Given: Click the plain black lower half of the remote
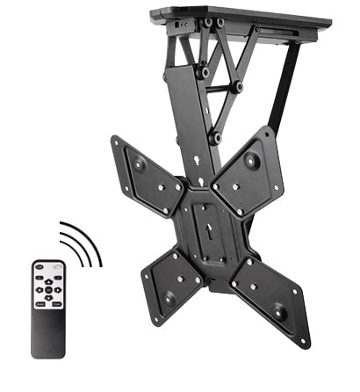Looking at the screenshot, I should coord(48,334).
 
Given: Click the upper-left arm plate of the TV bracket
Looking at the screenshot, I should coord(145,176).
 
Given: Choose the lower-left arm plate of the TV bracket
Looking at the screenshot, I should coord(171,281).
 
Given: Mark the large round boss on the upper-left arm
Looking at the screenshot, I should coord(139,164).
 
